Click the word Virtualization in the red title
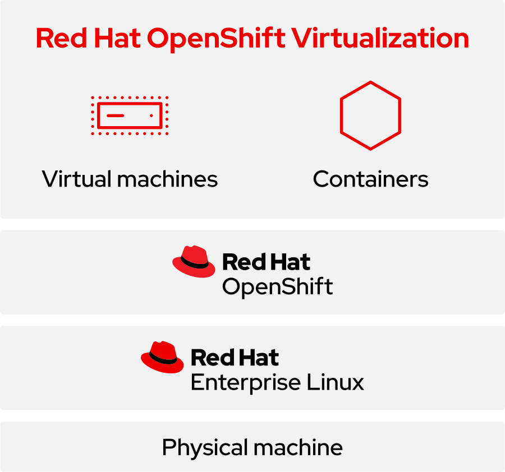(x=380, y=38)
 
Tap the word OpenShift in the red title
(x=216, y=40)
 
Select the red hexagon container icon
(x=370, y=115)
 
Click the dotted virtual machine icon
(x=130, y=115)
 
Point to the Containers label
(x=370, y=179)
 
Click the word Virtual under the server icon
(x=77, y=179)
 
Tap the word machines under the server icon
(x=167, y=179)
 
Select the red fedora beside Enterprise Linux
(x=162, y=357)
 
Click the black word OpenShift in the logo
(x=278, y=287)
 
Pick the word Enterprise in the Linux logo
(x=246, y=383)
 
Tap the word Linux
(x=335, y=382)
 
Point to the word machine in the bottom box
(x=298, y=447)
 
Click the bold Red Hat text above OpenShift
(x=267, y=262)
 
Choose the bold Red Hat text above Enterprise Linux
(x=235, y=358)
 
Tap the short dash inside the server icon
(x=115, y=115)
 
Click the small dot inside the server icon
(x=151, y=115)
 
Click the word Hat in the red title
(x=117, y=38)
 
